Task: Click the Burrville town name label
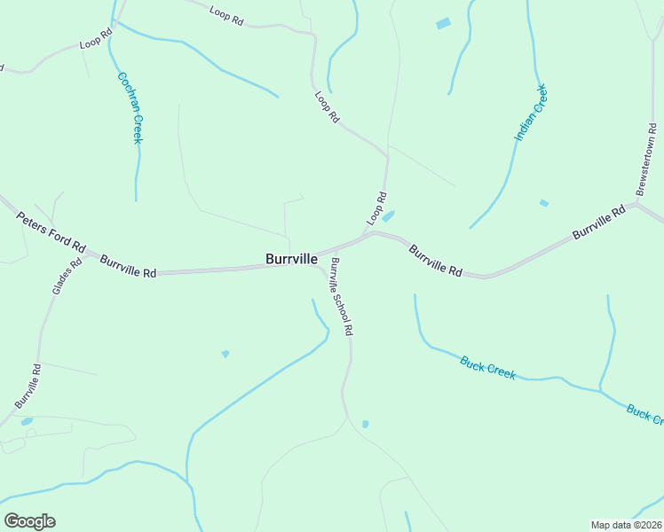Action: click(x=292, y=259)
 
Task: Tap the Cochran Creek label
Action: click(x=130, y=106)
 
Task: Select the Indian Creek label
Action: click(x=531, y=113)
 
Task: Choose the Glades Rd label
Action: click(x=60, y=277)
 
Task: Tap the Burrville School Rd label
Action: click(x=342, y=296)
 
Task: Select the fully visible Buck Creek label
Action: click(x=487, y=366)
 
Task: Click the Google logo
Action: click(x=29, y=520)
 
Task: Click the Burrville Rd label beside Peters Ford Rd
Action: click(x=128, y=267)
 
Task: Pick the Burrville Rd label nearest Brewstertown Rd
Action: click(x=599, y=222)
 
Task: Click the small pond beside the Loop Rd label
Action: click(x=388, y=216)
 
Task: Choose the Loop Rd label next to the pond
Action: click(x=376, y=207)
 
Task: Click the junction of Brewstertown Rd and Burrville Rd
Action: click(x=637, y=206)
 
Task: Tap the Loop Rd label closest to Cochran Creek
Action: click(x=96, y=39)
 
